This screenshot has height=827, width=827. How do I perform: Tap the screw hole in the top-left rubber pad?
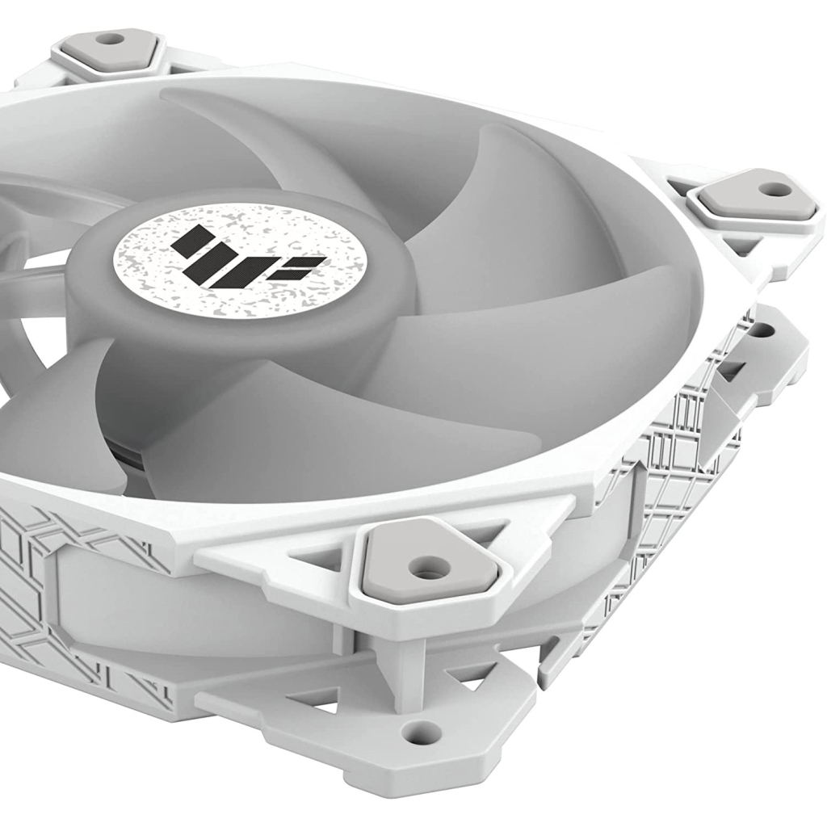coord(111,39)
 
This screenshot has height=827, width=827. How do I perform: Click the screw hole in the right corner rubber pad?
coord(774,190)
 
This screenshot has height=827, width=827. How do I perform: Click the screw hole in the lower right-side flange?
coord(760,330)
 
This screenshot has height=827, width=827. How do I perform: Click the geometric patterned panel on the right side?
coord(678,452)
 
